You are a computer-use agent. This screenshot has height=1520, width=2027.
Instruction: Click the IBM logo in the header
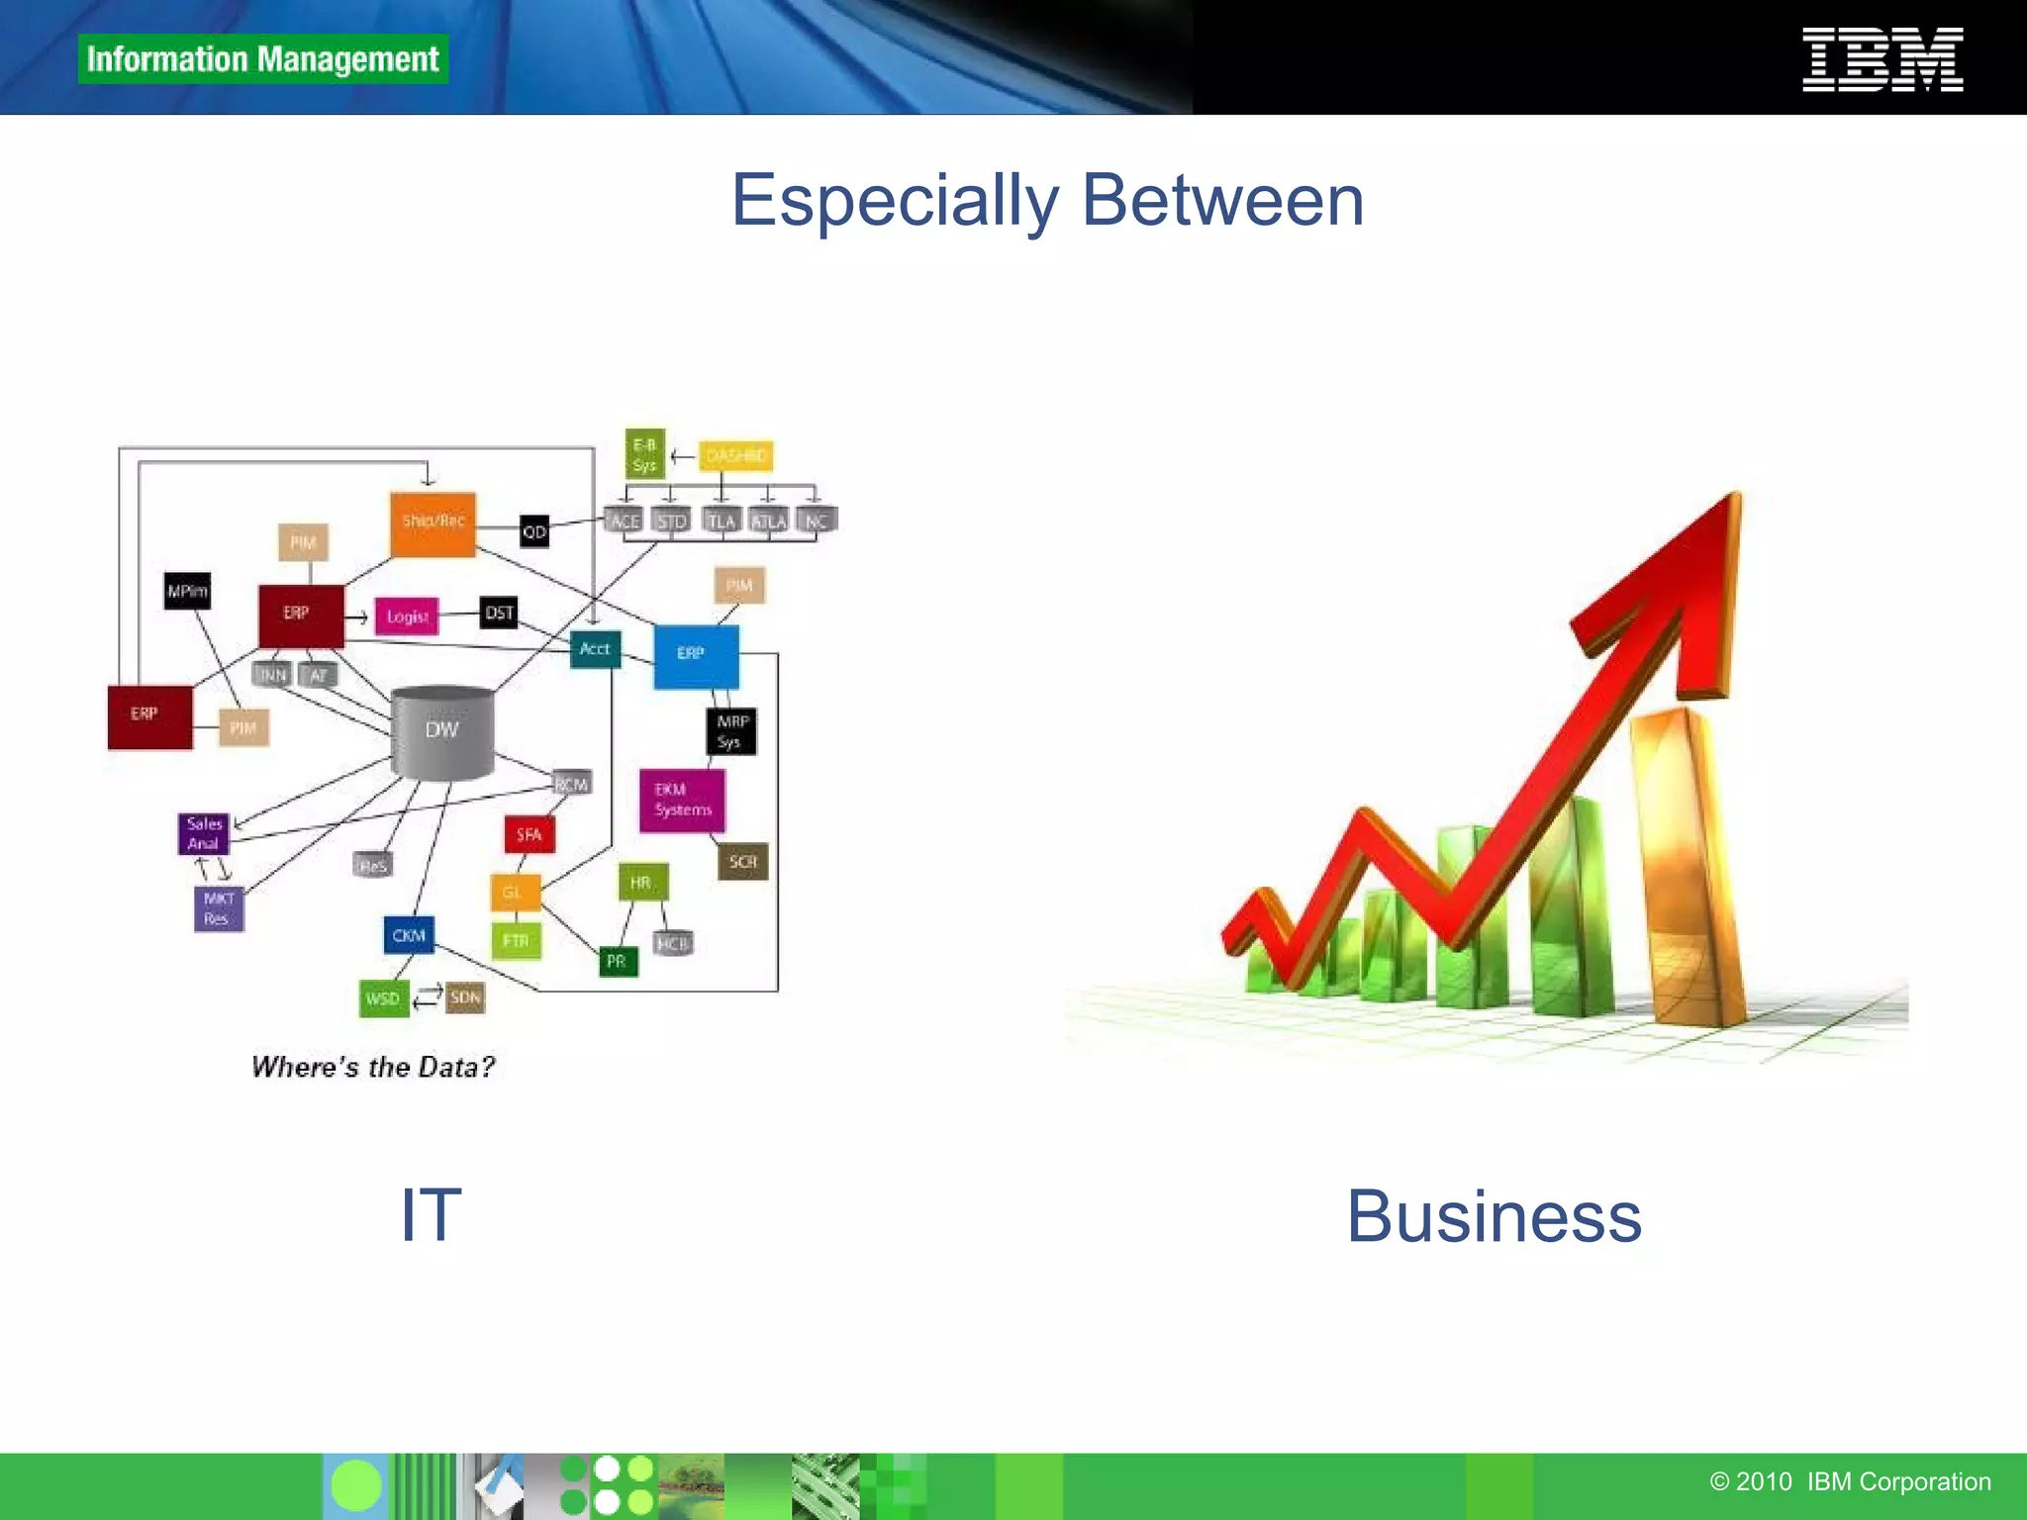coord(1882,60)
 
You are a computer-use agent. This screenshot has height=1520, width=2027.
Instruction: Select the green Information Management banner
coord(262,59)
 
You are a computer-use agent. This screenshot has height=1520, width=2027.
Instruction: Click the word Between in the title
coord(1222,201)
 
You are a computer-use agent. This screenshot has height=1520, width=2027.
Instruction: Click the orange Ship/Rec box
coord(433,522)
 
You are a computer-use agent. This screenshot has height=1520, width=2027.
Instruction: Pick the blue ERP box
coord(695,655)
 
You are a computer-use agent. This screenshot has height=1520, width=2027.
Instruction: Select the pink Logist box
coord(407,617)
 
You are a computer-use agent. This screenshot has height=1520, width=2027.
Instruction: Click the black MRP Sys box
coord(732,732)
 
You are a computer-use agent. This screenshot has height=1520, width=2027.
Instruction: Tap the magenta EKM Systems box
coord(682,800)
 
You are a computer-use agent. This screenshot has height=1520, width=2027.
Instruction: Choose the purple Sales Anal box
coord(204,833)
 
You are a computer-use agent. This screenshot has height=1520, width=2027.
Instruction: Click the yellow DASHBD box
coord(736,456)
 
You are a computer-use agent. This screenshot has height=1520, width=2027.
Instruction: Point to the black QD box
coord(534,531)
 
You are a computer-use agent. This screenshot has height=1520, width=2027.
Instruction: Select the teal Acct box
coord(595,649)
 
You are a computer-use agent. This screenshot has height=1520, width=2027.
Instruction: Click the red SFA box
coord(530,834)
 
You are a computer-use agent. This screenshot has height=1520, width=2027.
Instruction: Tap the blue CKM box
coord(409,935)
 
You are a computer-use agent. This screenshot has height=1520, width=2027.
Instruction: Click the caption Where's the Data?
coord(373,1067)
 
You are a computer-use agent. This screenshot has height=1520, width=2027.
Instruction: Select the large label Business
coord(1494,1216)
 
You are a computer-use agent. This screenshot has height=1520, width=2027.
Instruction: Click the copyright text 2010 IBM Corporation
coord(1850,1481)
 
